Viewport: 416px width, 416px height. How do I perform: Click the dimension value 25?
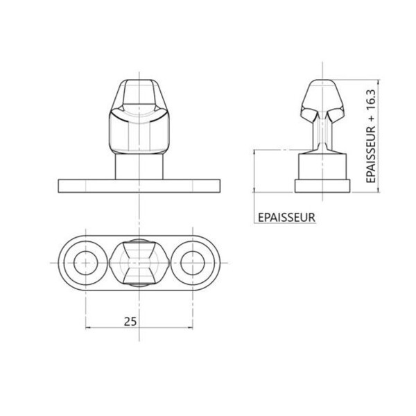[130, 322]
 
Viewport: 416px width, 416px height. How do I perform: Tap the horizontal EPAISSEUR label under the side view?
[286, 218]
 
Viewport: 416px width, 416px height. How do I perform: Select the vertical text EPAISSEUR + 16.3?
[371, 136]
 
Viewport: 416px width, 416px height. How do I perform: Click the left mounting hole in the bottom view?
[86, 263]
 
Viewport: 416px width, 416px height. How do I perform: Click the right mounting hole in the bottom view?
[193, 263]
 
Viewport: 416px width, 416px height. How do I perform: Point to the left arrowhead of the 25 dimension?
[88, 328]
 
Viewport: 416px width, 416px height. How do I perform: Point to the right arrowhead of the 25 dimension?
[190, 328]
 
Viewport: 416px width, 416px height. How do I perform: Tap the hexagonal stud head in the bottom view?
[139, 263]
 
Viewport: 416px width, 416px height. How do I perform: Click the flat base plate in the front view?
[139, 186]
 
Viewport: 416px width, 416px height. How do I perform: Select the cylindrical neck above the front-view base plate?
[139, 166]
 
